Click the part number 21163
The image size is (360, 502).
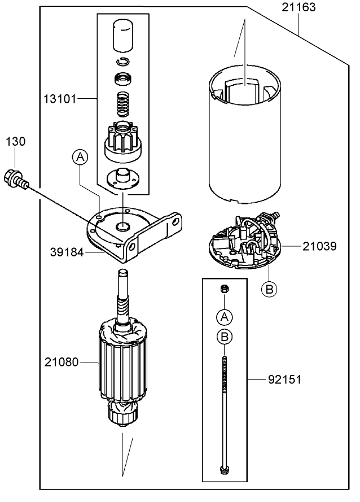(x=298, y=8)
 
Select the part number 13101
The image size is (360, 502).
(x=60, y=98)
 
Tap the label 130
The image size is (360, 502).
(x=15, y=142)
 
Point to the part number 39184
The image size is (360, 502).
(x=67, y=253)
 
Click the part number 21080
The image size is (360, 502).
(x=61, y=362)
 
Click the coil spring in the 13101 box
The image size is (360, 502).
(x=123, y=102)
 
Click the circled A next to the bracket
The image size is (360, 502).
(x=80, y=158)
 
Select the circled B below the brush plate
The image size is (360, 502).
(x=270, y=289)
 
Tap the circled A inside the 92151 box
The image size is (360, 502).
(x=225, y=316)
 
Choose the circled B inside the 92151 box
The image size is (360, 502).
(x=225, y=337)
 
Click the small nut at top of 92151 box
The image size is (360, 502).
(x=224, y=289)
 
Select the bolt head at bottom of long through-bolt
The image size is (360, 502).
(x=225, y=468)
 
